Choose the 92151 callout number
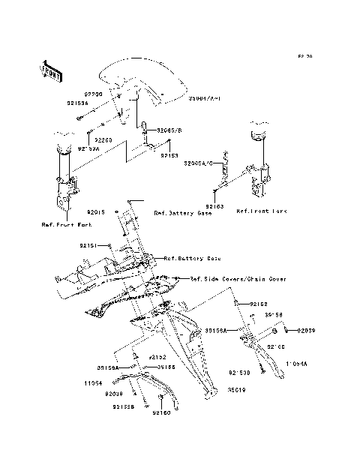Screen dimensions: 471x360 [x=89, y=245]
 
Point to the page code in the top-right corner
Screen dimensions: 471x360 [x=304, y=56]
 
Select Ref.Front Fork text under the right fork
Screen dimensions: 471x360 [x=262, y=212]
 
